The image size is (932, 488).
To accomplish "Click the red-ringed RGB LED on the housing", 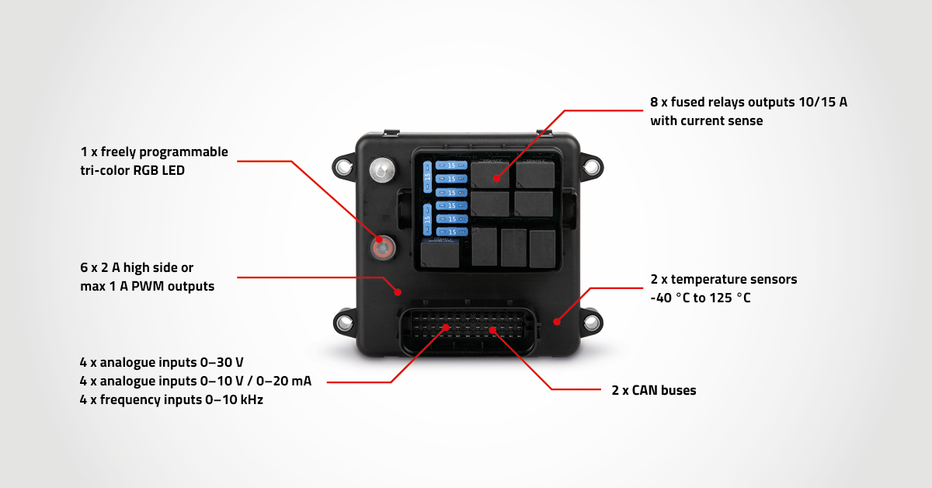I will [382, 248].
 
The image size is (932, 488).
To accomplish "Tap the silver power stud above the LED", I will [381, 169].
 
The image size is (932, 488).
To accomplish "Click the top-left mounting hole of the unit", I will [343, 166].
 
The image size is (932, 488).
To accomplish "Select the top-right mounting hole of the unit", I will [592, 166].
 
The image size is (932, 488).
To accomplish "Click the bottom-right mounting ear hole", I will [592, 321].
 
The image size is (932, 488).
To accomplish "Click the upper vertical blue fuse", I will [426, 177].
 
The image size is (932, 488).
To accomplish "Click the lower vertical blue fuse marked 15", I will [426, 220].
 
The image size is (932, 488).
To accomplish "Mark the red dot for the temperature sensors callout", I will [556, 320].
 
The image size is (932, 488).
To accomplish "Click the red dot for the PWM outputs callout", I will [398, 292].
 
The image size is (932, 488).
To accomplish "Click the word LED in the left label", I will [173, 170].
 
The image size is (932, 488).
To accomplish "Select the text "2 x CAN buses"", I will [653, 390].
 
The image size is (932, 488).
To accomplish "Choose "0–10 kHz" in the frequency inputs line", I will [238, 401].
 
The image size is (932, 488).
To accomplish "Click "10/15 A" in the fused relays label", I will [821, 102].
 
